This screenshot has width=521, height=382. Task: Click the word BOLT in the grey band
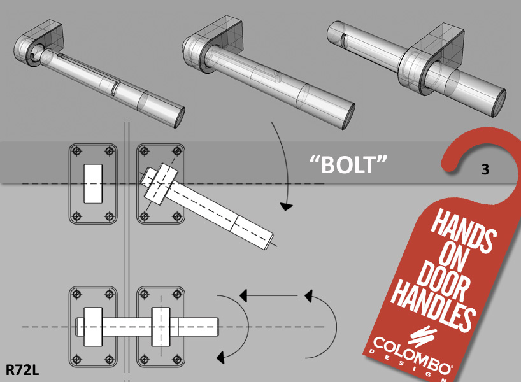348,164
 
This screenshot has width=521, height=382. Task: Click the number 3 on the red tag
485,169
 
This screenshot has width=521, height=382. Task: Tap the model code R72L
22,370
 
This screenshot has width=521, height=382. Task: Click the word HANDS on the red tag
464,231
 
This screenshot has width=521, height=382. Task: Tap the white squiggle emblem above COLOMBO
422,336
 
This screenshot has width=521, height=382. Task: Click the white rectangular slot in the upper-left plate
93,183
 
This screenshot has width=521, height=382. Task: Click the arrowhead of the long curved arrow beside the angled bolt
286,206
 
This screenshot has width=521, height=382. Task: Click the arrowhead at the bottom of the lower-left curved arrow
220,357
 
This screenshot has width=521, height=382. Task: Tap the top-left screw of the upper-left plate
77,151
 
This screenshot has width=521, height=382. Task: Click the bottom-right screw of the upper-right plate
177,216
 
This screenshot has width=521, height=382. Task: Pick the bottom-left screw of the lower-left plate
77,359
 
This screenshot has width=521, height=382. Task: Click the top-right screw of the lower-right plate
177,294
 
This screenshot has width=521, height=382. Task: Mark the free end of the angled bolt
269,241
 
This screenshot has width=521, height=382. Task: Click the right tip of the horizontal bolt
218,327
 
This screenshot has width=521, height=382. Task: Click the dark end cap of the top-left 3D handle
180,117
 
